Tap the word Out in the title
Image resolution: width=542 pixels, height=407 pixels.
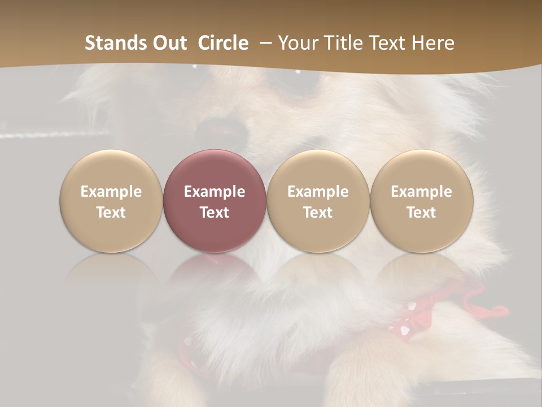pos(168,43)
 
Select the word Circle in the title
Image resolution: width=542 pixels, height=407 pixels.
pos(223,43)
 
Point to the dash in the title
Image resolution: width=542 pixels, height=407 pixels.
pos(263,44)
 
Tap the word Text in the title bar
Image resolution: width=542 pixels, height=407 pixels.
pos(390,43)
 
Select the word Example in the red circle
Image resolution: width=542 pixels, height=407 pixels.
pos(215,192)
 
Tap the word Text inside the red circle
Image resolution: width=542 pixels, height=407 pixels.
pos(215,213)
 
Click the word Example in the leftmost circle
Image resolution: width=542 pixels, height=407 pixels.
pos(111,192)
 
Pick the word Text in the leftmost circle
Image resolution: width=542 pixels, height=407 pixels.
pos(111,213)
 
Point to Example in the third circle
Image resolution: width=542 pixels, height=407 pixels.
pos(318,192)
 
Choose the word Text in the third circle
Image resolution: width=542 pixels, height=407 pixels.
pos(318,213)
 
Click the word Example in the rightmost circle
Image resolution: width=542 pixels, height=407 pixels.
pos(421,192)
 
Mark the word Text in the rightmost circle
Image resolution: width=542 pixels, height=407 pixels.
pos(421,213)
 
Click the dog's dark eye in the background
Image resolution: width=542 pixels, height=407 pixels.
pos(311,85)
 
